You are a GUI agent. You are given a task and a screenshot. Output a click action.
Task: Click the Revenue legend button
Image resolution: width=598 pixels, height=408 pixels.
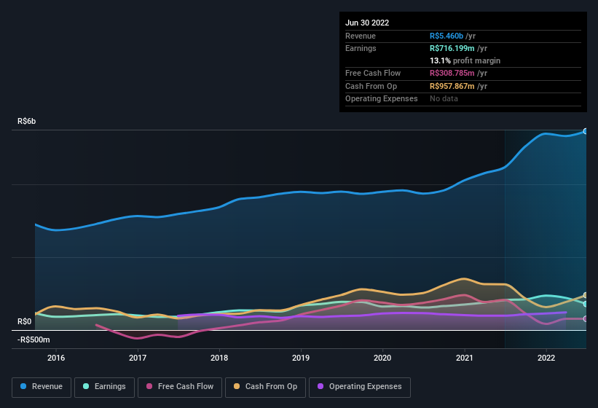(x=42, y=387)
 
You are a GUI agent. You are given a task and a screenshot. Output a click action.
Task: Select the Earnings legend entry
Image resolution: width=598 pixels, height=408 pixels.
(x=103, y=387)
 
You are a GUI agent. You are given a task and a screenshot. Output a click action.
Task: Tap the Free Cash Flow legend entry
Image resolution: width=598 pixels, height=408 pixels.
(x=180, y=387)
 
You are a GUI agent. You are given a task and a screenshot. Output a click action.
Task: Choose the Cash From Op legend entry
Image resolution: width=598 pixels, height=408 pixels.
(x=266, y=387)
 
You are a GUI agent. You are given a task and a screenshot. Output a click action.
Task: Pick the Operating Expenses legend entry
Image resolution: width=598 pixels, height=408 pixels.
(x=360, y=387)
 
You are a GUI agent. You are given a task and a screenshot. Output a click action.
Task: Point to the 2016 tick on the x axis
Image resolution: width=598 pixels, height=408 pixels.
(x=56, y=358)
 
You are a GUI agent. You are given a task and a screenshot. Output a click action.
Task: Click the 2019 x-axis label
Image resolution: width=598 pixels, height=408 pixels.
(x=301, y=358)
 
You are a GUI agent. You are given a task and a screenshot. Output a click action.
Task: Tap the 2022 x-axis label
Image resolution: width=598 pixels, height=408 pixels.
(x=546, y=358)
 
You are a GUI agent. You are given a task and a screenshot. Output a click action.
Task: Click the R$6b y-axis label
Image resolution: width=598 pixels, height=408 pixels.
(x=27, y=121)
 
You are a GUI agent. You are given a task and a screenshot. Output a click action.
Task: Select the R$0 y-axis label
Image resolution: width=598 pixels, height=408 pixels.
(x=25, y=321)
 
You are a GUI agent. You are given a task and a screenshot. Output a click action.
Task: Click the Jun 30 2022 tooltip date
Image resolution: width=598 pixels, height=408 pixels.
(x=367, y=23)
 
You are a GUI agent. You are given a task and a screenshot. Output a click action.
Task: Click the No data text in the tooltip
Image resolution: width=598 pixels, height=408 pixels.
(x=444, y=98)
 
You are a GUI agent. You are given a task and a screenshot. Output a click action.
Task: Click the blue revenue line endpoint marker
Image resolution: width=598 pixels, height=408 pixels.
(x=585, y=131)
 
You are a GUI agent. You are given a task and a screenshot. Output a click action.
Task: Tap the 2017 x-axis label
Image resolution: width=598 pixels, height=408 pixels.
(x=138, y=358)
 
